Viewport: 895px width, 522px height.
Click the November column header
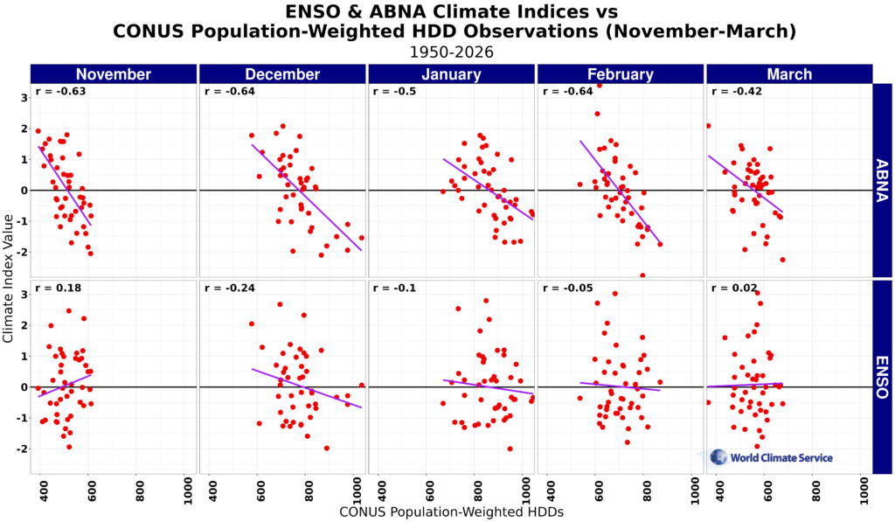pos(114,74)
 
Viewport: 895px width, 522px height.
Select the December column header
pos(282,74)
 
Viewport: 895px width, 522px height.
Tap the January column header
pos(451,74)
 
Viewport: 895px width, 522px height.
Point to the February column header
pos(620,74)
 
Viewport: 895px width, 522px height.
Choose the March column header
pos(788,74)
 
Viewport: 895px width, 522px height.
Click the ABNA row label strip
pos(882,180)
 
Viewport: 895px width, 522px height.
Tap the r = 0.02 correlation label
pos(734,288)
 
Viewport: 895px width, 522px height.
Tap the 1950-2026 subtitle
pos(451,52)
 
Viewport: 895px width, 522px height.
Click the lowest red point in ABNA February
pos(642,275)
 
